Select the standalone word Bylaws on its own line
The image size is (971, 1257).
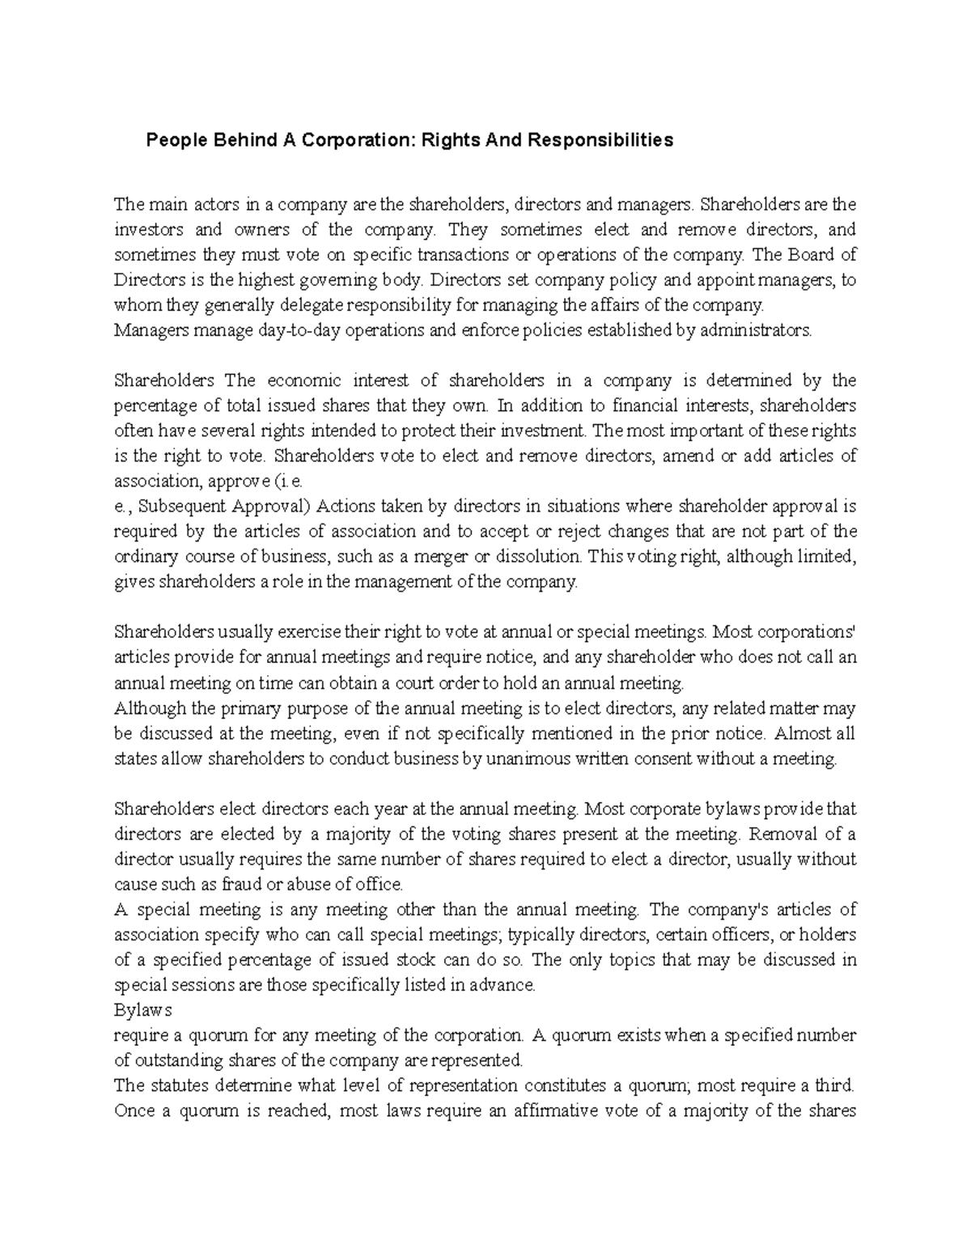pyautogui.click(x=143, y=1010)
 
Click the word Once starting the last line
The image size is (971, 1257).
pyautogui.click(x=134, y=1110)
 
